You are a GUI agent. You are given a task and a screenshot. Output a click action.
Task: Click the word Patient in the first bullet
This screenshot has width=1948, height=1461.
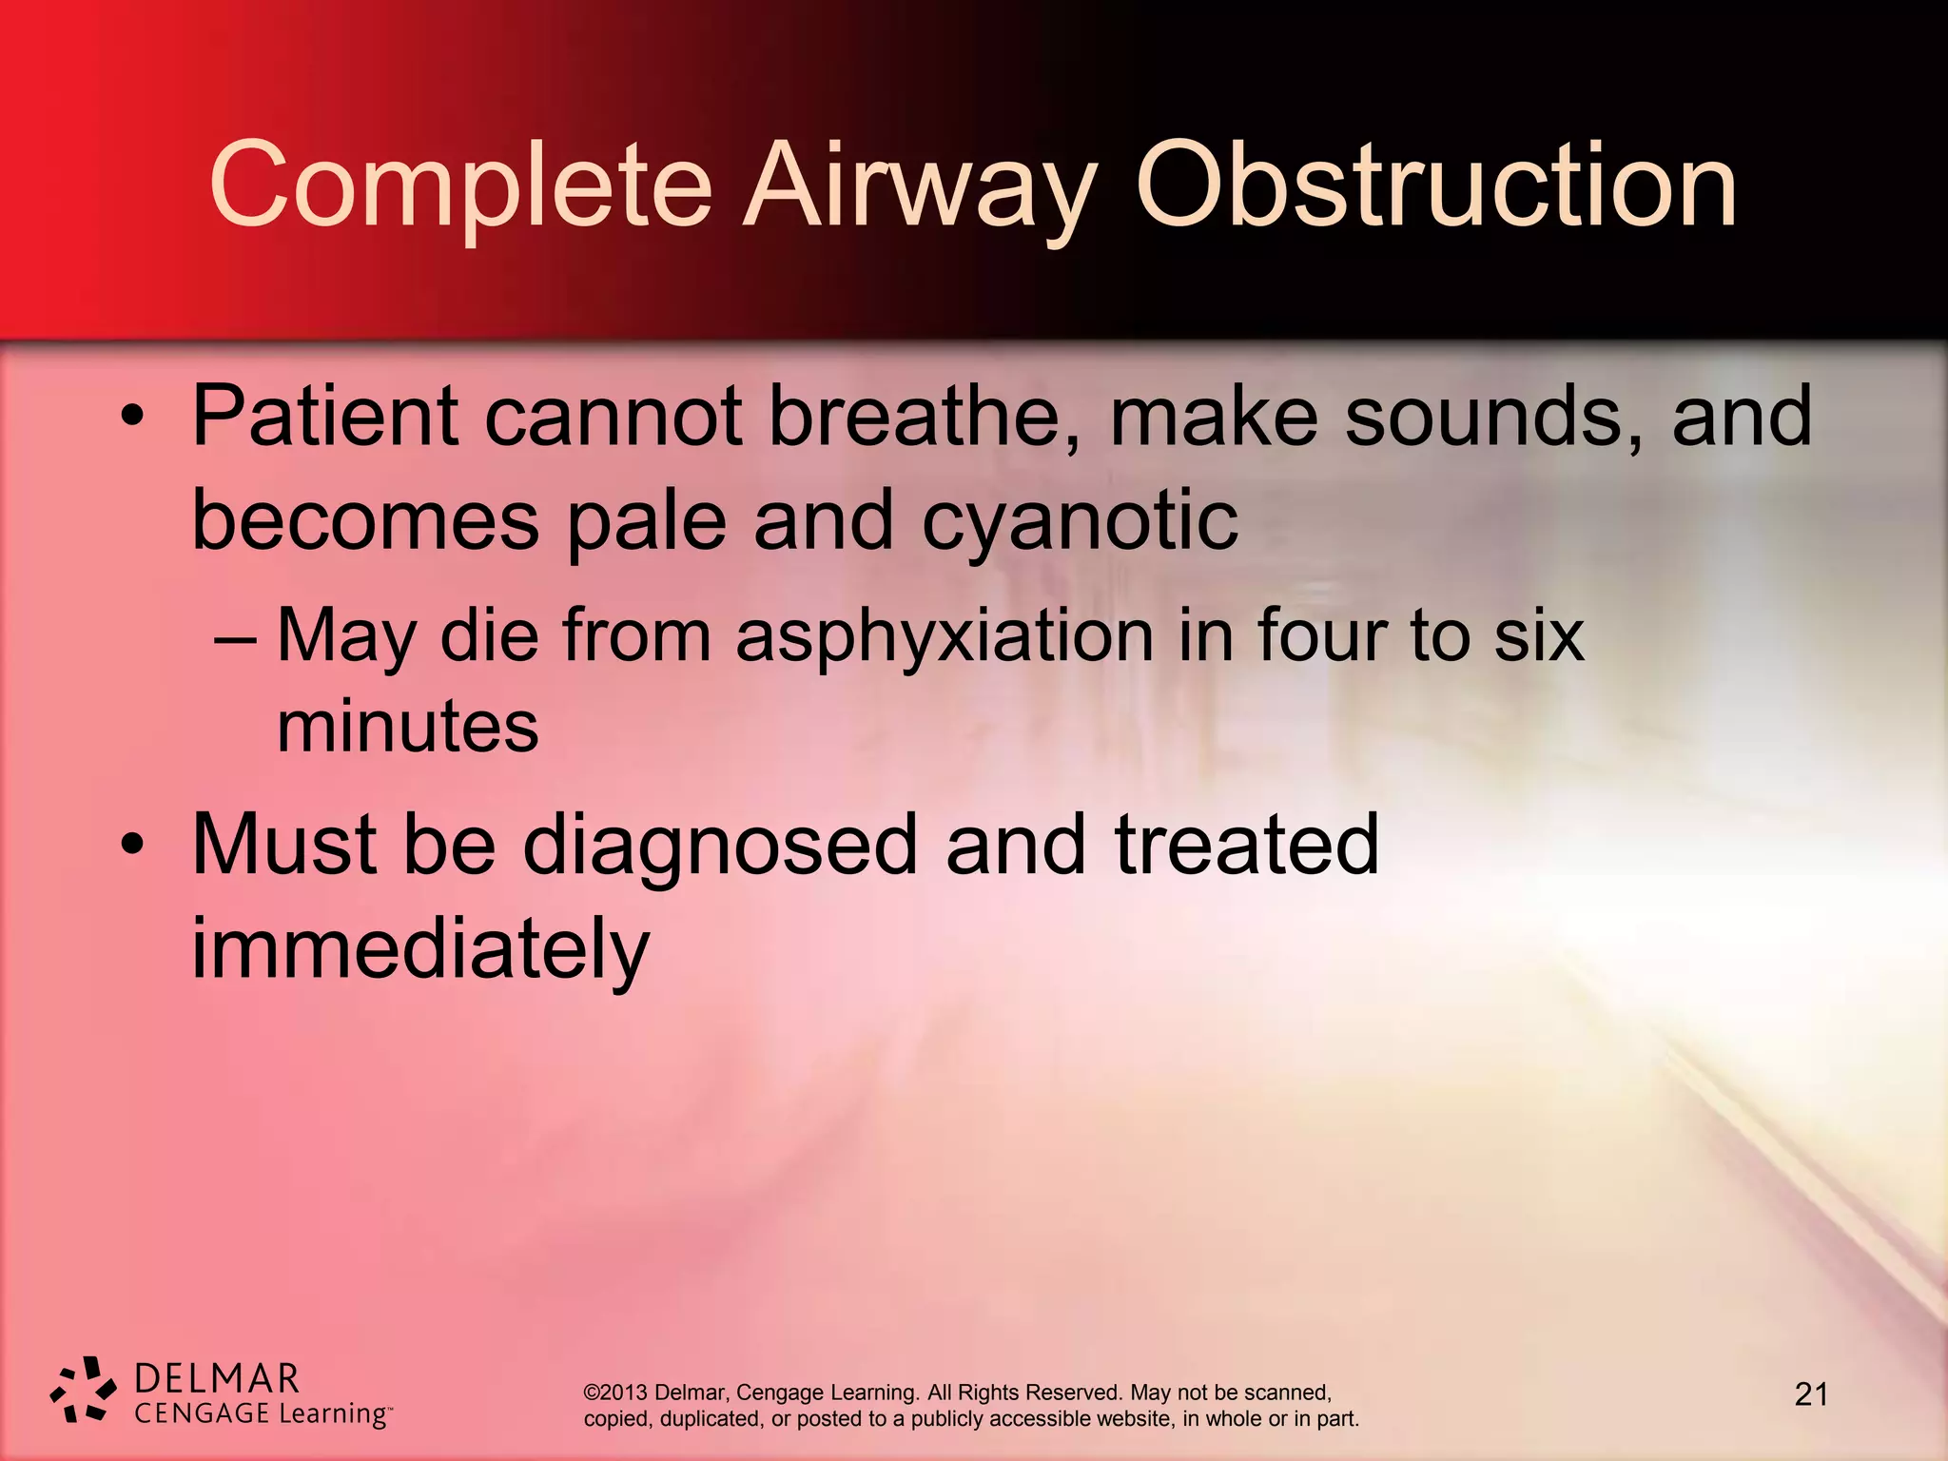tap(323, 416)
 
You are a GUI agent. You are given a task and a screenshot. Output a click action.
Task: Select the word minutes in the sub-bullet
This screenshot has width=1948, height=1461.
tap(407, 727)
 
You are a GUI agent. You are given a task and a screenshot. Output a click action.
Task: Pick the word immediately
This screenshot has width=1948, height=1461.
tap(420, 948)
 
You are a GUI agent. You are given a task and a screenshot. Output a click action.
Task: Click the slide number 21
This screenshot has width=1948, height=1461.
tap(1811, 1394)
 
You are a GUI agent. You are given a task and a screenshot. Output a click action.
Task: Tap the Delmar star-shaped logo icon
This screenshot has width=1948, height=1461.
tap(84, 1390)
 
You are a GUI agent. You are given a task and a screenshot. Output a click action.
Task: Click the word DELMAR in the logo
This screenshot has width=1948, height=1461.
tap(217, 1377)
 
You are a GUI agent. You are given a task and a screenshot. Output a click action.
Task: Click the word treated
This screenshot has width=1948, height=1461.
tap(1246, 845)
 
